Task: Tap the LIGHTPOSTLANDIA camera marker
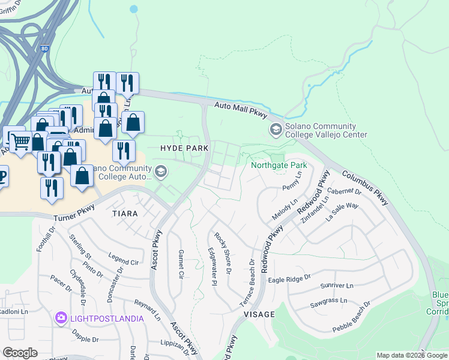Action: click(61, 317)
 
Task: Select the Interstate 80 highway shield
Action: click(45, 49)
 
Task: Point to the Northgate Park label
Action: click(279, 165)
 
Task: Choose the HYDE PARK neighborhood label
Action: click(184, 148)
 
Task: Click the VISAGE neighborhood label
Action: click(259, 314)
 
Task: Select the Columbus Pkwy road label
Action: click(366, 189)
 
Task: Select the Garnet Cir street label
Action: click(181, 265)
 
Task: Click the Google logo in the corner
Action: click(20, 353)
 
